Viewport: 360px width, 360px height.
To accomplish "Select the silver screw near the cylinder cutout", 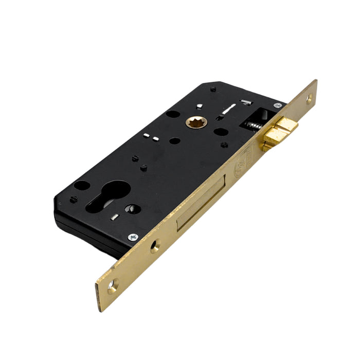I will tap(134, 237).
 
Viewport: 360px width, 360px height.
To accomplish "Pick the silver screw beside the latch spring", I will tap(278, 105).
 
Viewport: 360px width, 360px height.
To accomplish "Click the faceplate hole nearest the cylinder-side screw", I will tap(155, 246).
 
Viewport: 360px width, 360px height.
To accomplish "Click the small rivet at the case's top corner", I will tap(212, 88).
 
